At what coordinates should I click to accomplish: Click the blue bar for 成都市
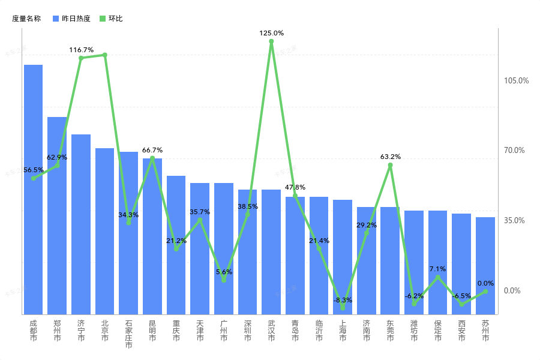(33, 189)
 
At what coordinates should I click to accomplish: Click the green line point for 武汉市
(271, 41)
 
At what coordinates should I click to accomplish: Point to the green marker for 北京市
(104, 55)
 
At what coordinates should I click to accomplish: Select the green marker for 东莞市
(390, 165)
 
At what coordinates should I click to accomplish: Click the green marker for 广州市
(224, 280)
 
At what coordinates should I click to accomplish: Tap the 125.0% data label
(271, 33)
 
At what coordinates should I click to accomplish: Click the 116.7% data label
(81, 50)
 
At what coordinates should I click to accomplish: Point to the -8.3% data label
(343, 299)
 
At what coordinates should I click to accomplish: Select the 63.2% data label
(390, 157)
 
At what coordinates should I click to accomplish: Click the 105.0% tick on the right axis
(516, 80)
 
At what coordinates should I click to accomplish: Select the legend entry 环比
(111, 19)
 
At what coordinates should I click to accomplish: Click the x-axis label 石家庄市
(128, 334)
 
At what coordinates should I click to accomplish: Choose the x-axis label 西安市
(461, 331)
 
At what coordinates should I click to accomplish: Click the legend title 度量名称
(26, 19)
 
